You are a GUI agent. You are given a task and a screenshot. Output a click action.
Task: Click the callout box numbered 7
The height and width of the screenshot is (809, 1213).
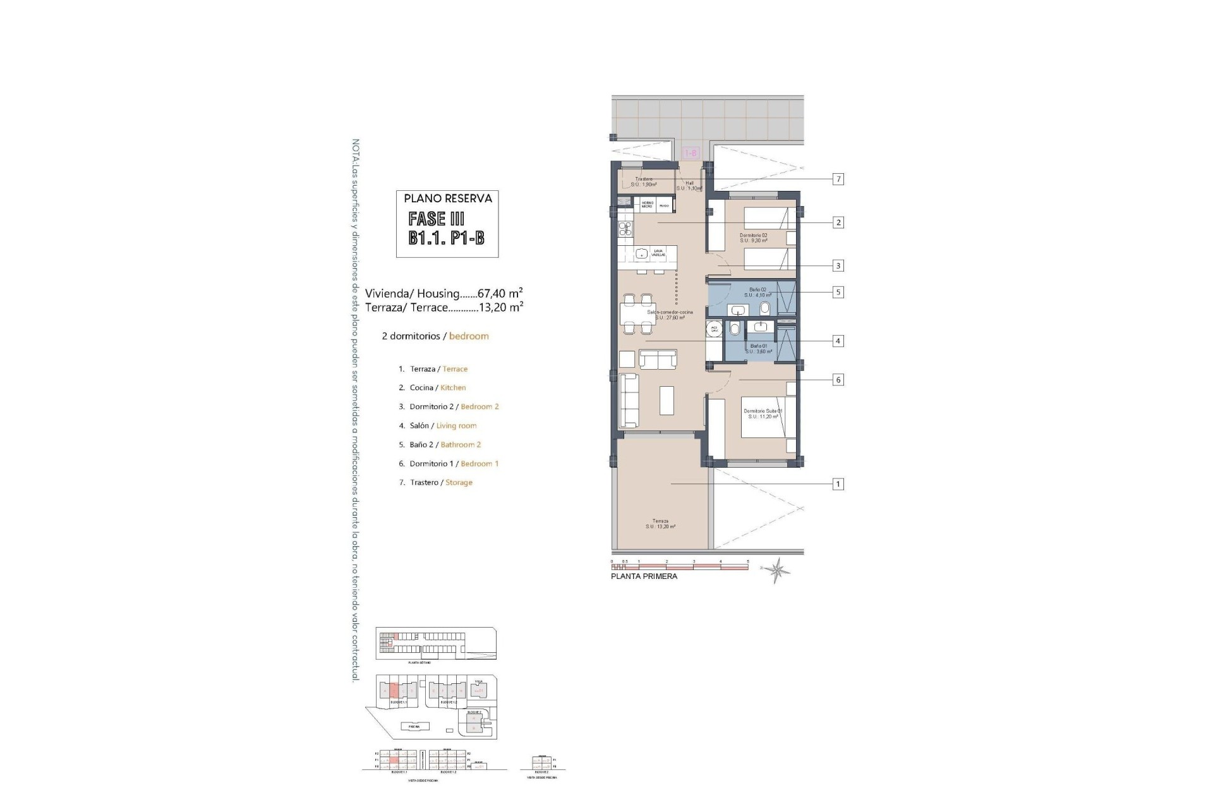coord(838,179)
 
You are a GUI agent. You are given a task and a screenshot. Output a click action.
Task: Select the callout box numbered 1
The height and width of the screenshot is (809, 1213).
coord(838,484)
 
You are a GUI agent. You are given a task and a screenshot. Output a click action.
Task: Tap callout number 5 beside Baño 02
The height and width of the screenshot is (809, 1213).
coord(838,292)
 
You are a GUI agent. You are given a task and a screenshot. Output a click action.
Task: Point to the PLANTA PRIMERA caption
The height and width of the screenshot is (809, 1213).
coord(644,576)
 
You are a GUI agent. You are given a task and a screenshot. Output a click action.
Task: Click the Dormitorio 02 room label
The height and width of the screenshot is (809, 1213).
coord(753,238)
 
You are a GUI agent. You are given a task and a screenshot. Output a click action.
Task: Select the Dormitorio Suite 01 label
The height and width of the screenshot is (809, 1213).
coord(763,413)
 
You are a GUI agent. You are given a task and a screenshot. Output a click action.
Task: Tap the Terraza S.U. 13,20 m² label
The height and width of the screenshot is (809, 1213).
coord(660,524)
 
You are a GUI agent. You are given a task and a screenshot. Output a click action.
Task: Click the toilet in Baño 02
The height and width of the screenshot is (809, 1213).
coord(765,308)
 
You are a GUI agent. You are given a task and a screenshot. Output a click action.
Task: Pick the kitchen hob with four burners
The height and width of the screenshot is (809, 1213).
coord(183,229)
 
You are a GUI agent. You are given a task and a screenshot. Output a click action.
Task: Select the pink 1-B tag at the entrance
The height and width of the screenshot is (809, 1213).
coord(691,153)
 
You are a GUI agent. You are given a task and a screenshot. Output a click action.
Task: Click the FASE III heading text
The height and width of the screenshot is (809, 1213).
coord(437,219)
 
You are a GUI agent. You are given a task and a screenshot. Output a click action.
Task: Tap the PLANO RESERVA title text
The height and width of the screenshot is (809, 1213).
coord(448,198)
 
